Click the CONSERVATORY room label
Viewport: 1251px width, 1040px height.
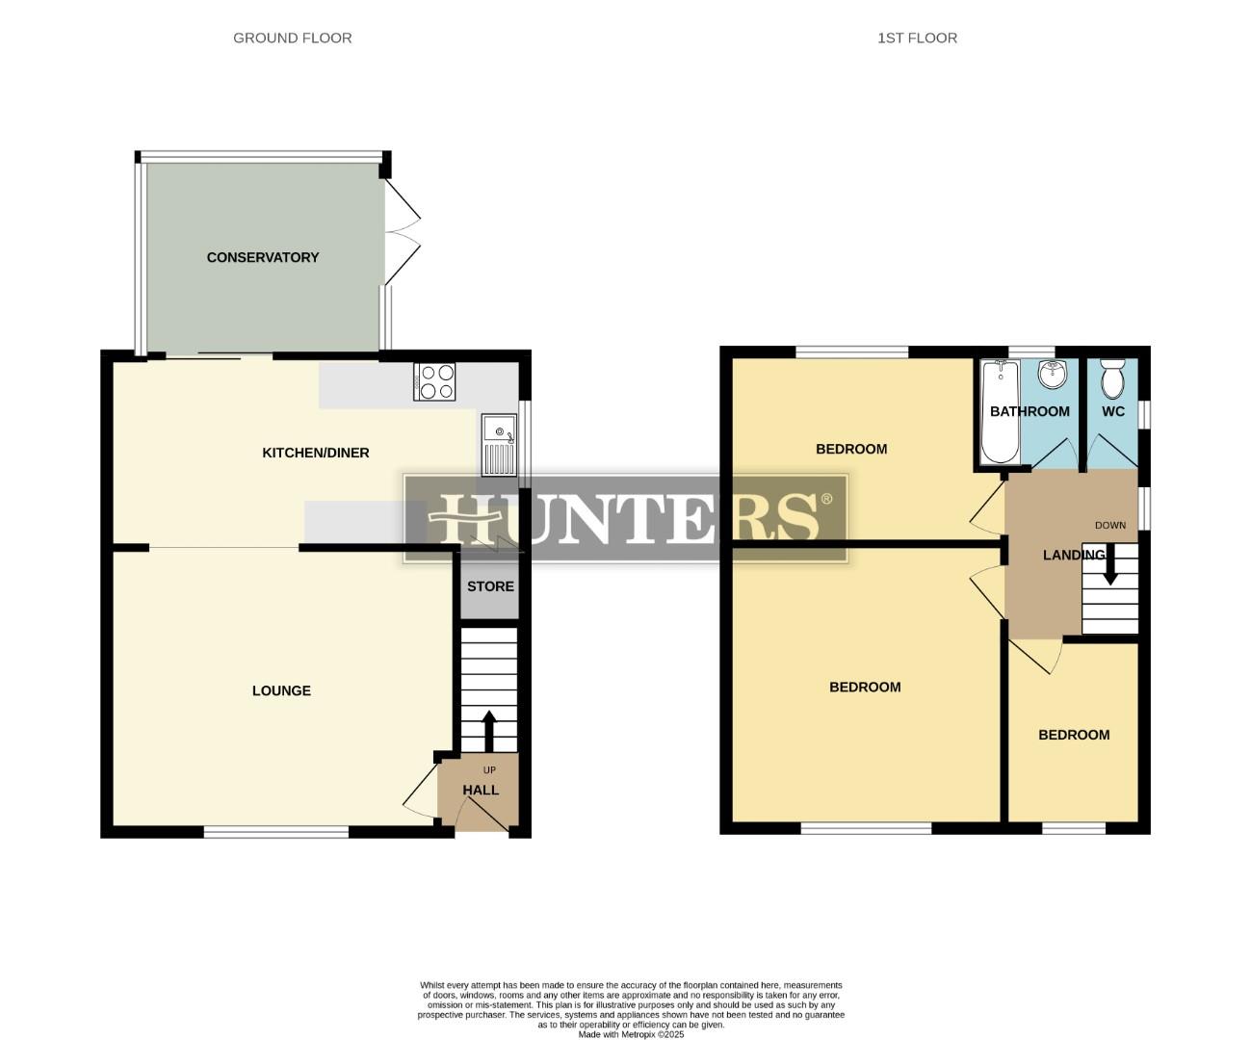point(262,257)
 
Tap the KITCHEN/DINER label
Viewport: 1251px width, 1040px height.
point(315,453)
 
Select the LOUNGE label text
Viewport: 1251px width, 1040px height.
point(281,690)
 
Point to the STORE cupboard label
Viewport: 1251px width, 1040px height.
point(490,586)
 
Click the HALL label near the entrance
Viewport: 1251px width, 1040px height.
point(481,790)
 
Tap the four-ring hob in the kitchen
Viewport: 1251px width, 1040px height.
point(434,381)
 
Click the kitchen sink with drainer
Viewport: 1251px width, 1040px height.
point(499,445)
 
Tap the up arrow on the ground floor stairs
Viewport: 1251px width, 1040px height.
point(488,731)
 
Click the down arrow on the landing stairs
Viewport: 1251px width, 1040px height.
point(1110,566)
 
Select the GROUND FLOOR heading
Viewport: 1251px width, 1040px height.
point(292,38)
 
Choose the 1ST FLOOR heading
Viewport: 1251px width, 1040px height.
point(917,38)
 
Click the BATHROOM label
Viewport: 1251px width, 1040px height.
point(1029,411)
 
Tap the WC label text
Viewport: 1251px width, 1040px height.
point(1112,411)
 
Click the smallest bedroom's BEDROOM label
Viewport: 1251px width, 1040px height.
point(1074,735)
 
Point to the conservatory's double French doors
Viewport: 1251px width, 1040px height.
point(402,232)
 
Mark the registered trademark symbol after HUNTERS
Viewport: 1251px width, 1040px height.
point(826,500)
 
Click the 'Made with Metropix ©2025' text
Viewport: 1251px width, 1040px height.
point(631,1034)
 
